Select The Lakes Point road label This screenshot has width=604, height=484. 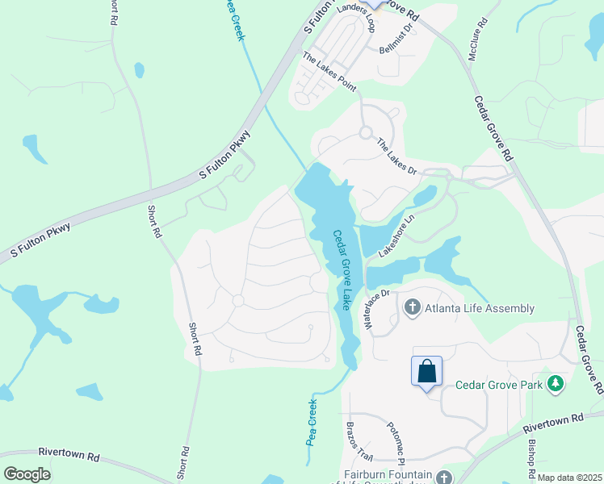pos(329,71)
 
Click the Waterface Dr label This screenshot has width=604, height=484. pos(376,309)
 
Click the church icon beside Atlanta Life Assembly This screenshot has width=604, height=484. pos(412,307)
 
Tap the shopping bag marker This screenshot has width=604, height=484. pos(427,372)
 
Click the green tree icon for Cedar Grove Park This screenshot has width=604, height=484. pos(556,384)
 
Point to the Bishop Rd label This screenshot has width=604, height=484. pos(531,457)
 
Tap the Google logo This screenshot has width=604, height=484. pos(27,474)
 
